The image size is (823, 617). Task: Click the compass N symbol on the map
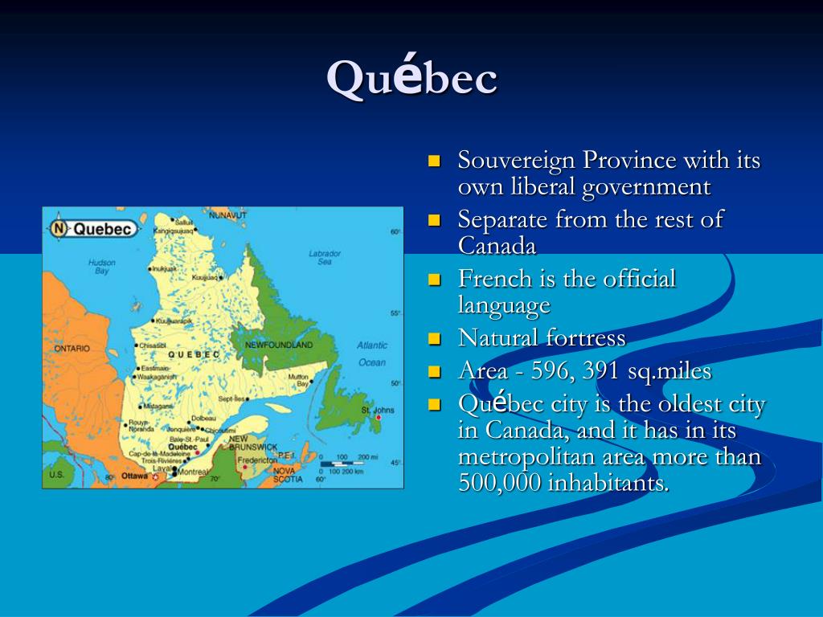pos(59,229)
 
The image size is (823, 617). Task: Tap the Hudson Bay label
pos(102,267)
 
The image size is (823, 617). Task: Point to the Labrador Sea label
pos(325,257)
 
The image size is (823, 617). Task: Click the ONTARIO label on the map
pos(72,349)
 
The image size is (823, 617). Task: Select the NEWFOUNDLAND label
pos(279,345)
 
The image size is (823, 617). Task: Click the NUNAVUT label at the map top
pos(228,215)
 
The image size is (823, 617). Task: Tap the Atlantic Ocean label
pos(372,353)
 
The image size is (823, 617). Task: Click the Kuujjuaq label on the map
pos(205,277)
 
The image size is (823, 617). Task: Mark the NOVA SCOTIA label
pos(287,475)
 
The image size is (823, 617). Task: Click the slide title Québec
pos(411,78)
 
